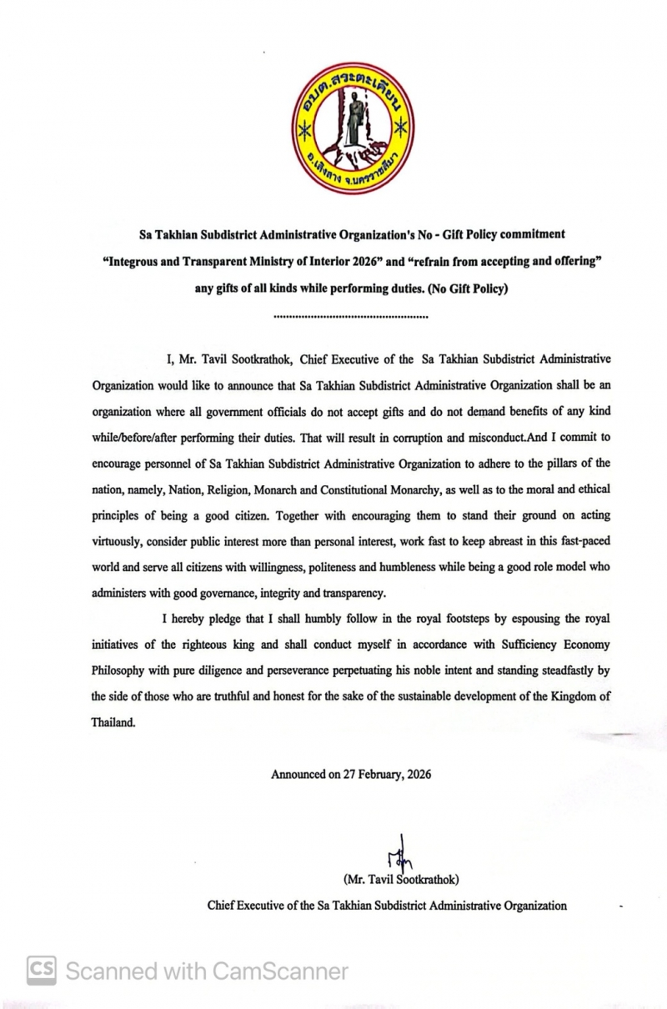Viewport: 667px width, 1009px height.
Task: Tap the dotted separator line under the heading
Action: pyautogui.click(x=351, y=317)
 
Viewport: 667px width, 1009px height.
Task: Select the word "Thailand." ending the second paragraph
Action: pyautogui.click(x=113, y=723)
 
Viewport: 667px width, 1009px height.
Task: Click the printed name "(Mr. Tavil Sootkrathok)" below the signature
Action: pyautogui.click(x=400, y=880)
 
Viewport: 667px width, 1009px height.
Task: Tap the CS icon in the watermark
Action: pyautogui.click(x=42, y=971)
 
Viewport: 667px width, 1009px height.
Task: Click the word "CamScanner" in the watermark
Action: pyautogui.click(x=281, y=971)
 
